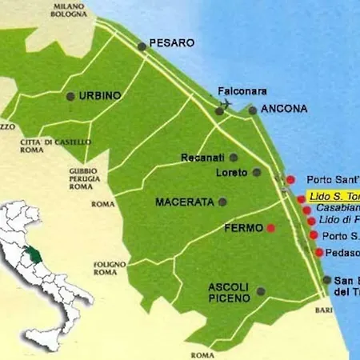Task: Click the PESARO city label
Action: tap(171, 42)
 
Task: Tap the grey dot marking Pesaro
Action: tap(142, 46)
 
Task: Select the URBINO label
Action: tap(100, 95)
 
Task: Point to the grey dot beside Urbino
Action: tap(70, 96)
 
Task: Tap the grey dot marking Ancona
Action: tap(253, 110)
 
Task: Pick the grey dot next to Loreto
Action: tap(257, 172)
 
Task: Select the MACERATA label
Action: tap(184, 202)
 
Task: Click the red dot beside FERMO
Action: tap(271, 228)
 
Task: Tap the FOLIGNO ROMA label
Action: tap(105, 268)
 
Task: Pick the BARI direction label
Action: tap(322, 308)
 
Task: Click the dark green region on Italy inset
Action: tap(31, 256)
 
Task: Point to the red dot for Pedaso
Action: tap(319, 253)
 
